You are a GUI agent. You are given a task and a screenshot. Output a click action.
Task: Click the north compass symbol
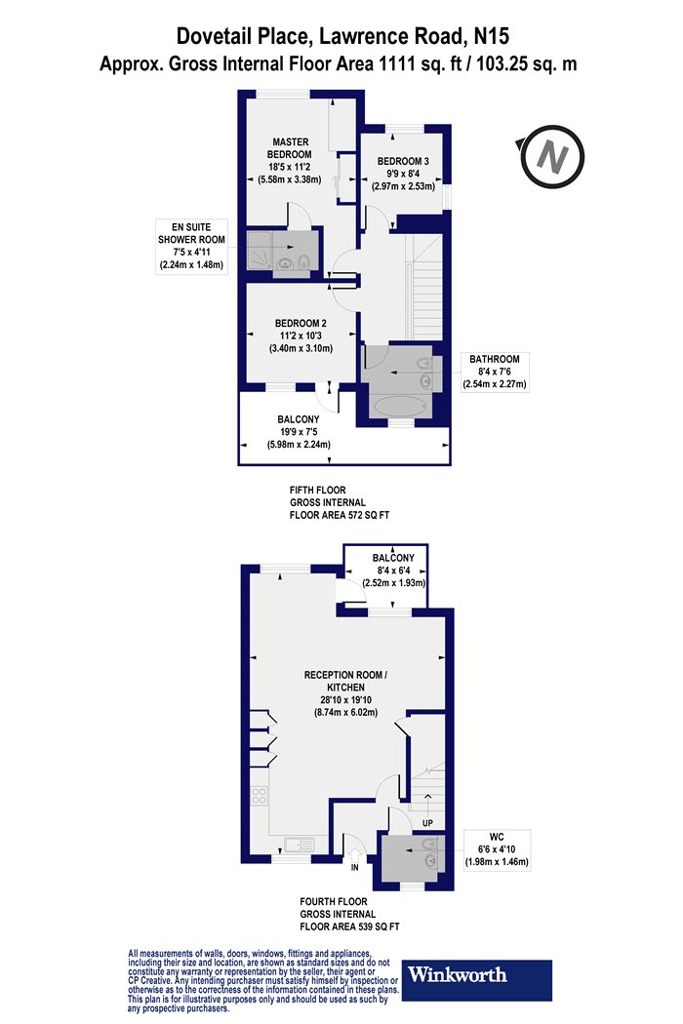(553, 157)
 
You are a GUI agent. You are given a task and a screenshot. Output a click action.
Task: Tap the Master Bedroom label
(290, 160)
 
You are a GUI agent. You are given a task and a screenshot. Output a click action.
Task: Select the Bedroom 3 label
(403, 173)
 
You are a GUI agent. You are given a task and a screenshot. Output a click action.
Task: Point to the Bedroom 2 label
(301, 335)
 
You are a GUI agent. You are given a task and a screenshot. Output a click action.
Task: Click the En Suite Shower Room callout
(191, 246)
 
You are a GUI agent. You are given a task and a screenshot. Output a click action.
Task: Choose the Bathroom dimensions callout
(495, 372)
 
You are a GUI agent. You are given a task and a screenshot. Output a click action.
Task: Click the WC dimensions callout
(497, 849)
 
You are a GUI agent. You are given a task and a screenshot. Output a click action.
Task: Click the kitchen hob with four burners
(259, 795)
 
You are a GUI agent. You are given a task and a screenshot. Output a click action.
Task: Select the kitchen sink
(299, 846)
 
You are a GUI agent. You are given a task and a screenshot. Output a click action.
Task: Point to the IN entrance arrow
(355, 855)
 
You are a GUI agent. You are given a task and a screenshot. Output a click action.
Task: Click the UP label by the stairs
(427, 823)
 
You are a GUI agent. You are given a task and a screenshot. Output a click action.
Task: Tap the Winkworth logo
(476, 979)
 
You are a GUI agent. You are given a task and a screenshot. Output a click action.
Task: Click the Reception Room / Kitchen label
(345, 693)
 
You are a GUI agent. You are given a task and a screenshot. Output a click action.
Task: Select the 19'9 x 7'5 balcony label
(299, 432)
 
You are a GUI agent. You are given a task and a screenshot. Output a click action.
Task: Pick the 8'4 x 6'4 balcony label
(393, 571)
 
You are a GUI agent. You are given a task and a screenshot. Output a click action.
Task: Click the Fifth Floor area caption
(340, 502)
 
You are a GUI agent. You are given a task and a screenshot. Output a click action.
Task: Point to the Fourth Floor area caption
(349, 914)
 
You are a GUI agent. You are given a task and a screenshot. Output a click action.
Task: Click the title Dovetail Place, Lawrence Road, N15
(342, 36)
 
